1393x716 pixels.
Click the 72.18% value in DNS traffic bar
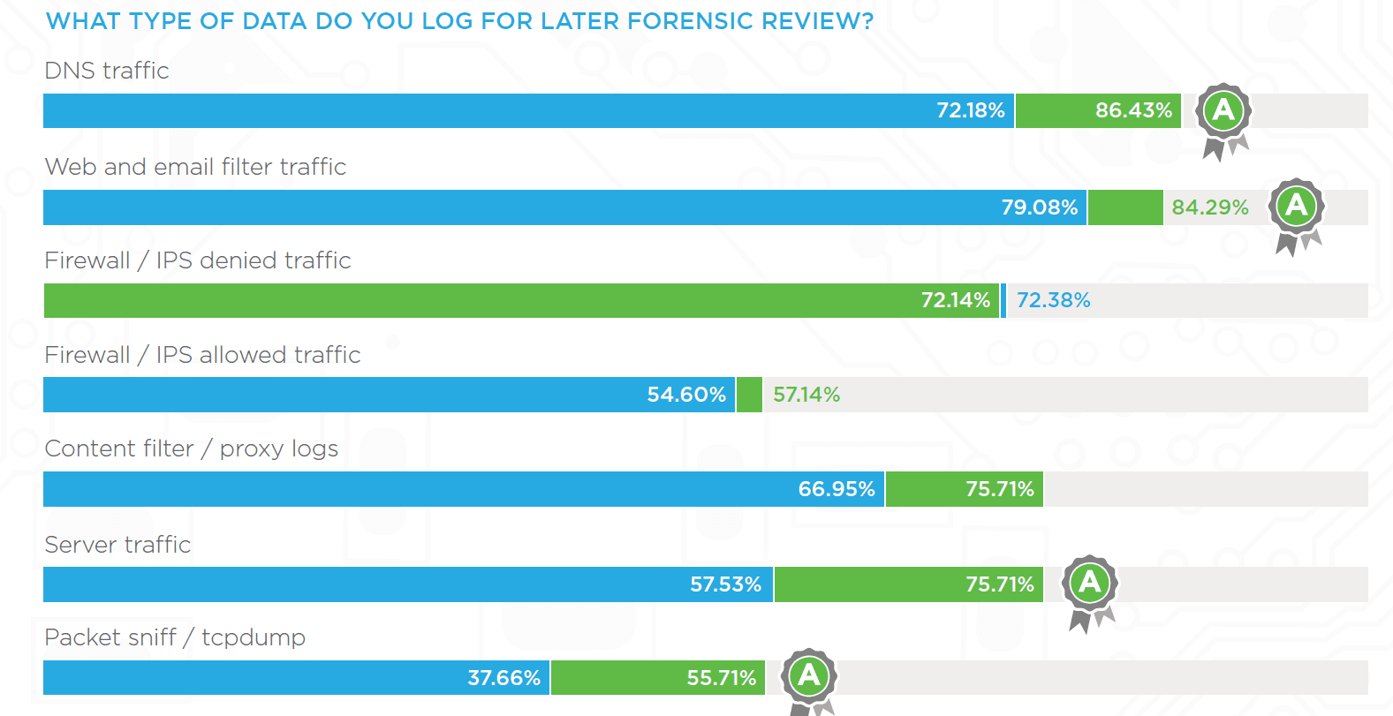click(x=970, y=110)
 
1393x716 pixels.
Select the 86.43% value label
click(x=1133, y=110)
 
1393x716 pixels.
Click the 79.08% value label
click(x=1039, y=207)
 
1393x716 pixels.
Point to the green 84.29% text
click(x=1209, y=207)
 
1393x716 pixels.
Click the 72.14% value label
click(x=955, y=300)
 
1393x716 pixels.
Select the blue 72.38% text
click(x=1053, y=300)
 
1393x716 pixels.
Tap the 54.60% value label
click(x=686, y=395)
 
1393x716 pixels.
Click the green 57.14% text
click(x=806, y=395)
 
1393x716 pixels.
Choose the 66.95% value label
click(x=836, y=489)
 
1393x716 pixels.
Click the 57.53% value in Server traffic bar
click(x=725, y=584)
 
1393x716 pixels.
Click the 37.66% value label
click(x=503, y=678)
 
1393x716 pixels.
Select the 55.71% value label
click(x=721, y=678)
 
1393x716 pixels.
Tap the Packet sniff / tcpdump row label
click(x=175, y=637)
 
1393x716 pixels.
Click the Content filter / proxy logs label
click(x=191, y=448)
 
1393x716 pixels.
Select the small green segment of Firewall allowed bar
click(x=749, y=395)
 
